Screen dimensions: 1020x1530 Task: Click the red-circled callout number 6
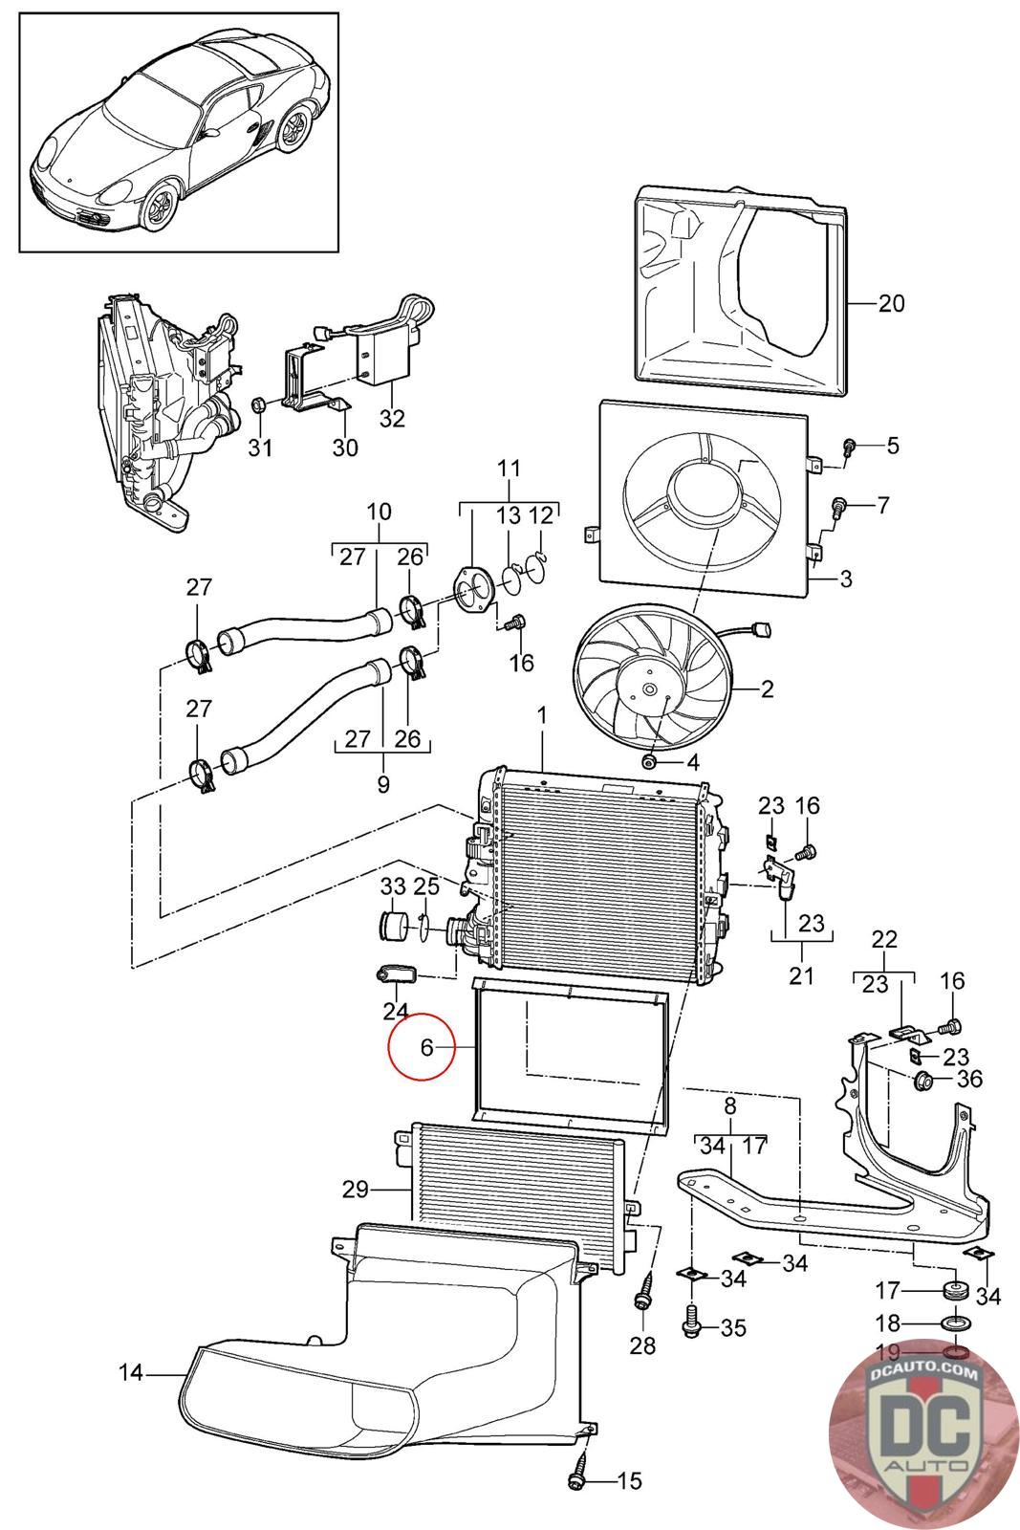(x=426, y=1047)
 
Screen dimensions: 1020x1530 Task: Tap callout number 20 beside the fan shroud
(x=890, y=302)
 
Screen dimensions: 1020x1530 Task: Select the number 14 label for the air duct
(x=131, y=1371)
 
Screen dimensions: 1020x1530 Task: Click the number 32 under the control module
(x=392, y=418)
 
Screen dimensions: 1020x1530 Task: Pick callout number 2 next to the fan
(x=767, y=688)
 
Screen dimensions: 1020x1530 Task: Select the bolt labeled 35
(x=691, y=1324)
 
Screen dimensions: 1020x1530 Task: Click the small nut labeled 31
(x=259, y=404)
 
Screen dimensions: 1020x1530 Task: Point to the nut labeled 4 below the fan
(x=650, y=760)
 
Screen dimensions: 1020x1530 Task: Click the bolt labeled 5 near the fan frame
(x=849, y=448)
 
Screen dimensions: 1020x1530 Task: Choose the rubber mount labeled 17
(x=955, y=1290)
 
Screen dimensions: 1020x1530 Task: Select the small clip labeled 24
(x=396, y=974)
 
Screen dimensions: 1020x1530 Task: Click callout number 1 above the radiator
(x=542, y=716)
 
